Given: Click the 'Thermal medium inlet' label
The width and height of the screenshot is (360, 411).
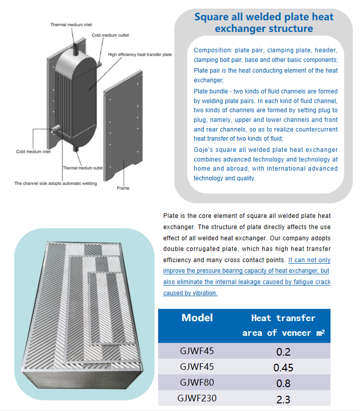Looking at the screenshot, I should click(71, 24).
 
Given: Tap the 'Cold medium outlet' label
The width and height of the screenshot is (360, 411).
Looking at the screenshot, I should click(110, 35).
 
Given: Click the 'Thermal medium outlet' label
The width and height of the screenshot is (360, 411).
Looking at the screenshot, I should click(83, 168).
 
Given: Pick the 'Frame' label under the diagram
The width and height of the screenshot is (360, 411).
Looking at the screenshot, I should click(123, 188).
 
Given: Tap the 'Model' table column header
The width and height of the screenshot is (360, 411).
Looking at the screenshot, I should click(197, 318).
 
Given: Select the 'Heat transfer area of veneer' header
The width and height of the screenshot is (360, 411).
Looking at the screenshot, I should click(283, 325).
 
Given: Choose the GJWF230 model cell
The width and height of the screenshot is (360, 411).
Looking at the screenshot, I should click(198, 398).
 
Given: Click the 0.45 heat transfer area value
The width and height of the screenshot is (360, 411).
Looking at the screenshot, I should click(283, 367).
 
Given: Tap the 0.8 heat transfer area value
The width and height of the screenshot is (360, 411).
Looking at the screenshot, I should click(283, 383).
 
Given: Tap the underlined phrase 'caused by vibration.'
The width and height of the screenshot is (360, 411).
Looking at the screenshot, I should click(190, 293).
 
